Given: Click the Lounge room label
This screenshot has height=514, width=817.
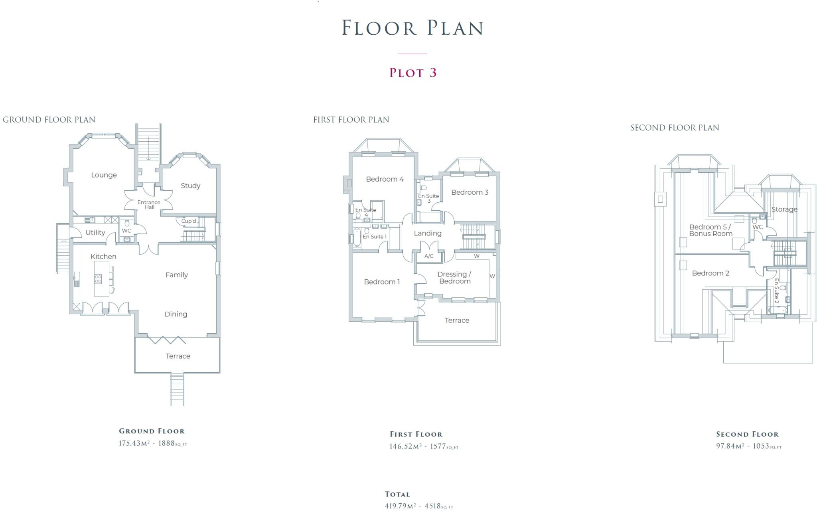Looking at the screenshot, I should tap(104, 175).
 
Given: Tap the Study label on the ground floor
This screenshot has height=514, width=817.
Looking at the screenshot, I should tap(190, 186).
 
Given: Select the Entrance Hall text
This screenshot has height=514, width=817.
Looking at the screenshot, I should tap(149, 205).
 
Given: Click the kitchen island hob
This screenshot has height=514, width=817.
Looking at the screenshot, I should tap(98, 279).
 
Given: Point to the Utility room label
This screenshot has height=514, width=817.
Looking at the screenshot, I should tap(95, 233).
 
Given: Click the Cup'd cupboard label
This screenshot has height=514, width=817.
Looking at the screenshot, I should tap(189, 221).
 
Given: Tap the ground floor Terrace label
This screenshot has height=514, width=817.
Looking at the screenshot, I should tap(178, 356).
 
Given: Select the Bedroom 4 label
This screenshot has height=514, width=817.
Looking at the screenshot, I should tap(385, 179).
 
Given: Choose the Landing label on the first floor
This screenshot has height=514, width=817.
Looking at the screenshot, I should tap(428, 233).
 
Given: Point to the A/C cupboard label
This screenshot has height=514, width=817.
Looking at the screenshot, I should tap(429, 256).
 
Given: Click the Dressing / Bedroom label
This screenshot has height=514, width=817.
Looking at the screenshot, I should tap(454, 278).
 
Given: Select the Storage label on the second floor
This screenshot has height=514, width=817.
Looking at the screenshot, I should tap(784, 210).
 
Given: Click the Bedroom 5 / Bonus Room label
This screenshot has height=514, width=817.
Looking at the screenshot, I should tap(710, 230).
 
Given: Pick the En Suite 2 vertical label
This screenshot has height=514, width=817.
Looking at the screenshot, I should tap(776, 291).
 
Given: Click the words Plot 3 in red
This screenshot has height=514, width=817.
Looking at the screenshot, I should tap(413, 73).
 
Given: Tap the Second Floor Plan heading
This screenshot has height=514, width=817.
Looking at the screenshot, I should tap(675, 128).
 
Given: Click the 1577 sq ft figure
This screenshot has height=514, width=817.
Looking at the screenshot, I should tap(438, 446).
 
